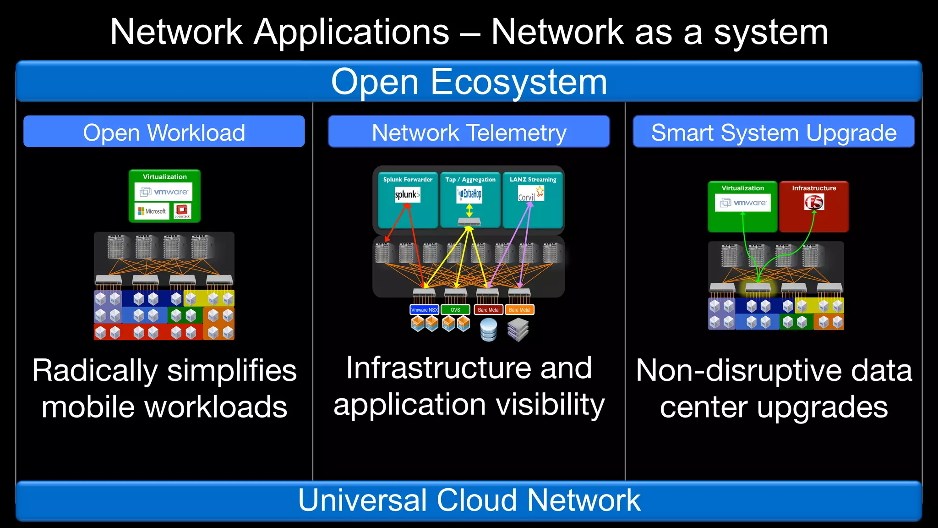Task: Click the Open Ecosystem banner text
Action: (469, 82)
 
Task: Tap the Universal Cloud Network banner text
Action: (469, 500)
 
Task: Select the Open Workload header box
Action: (164, 132)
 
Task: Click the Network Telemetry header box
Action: (469, 132)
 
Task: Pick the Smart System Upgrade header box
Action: (774, 132)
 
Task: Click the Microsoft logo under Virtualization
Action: (152, 211)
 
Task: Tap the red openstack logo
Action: (182, 211)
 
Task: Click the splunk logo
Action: (407, 195)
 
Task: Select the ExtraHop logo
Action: (470, 194)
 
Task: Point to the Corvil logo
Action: (530, 195)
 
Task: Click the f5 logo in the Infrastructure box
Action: (814, 202)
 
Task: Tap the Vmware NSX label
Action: (424, 310)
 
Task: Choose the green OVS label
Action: (455, 310)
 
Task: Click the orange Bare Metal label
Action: (519, 310)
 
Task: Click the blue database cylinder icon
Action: (489, 330)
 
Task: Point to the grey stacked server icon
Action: (518, 330)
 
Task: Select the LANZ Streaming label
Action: (533, 180)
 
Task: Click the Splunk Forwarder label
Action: (408, 180)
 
